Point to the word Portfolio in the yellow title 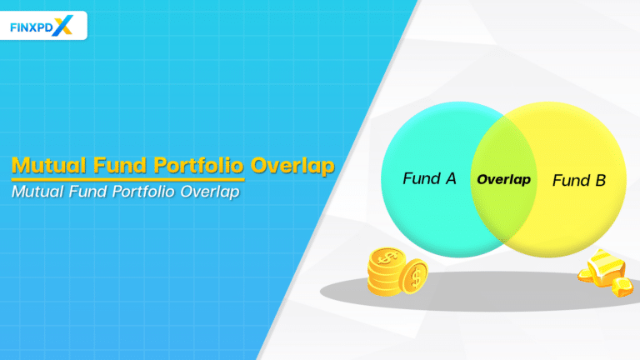[x=196, y=164]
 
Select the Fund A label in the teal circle [x=429, y=179]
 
